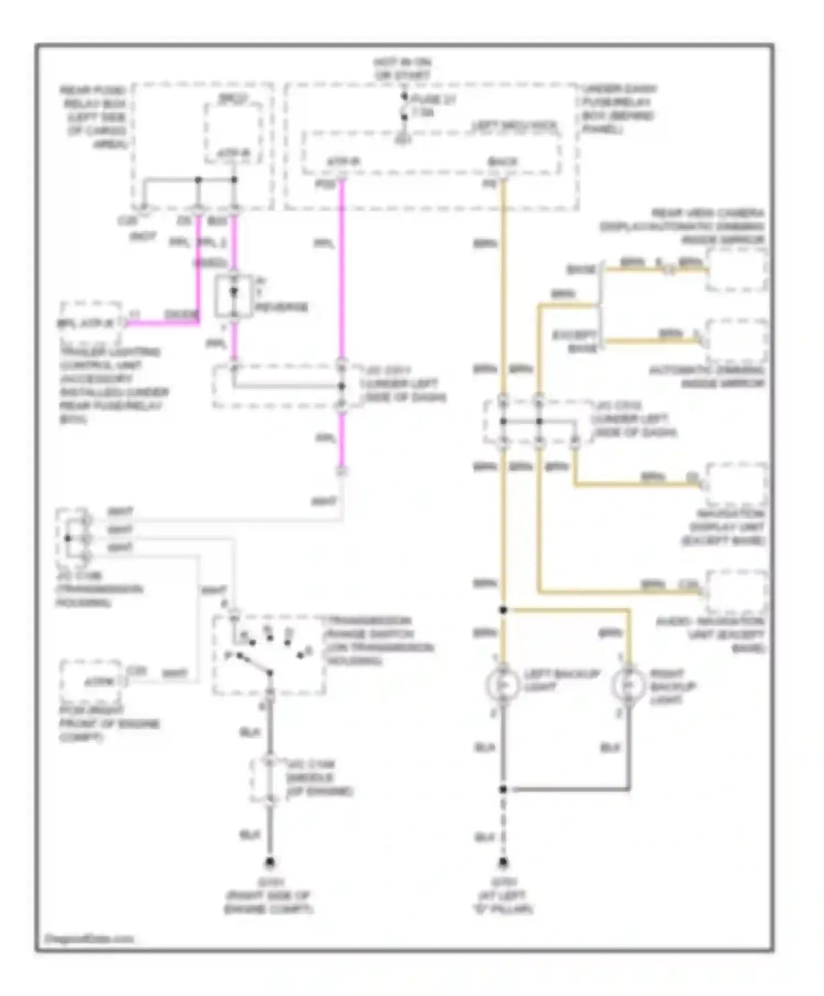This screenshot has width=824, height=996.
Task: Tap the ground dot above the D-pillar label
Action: pyautogui.click(x=503, y=863)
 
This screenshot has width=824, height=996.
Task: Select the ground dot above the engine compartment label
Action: pyautogui.click(x=270, y=863)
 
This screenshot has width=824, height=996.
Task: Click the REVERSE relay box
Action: pyautogui.click(x=233, y=296)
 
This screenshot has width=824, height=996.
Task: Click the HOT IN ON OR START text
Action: pyautogui.click(x=403, y=69)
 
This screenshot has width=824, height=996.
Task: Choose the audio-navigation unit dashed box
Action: pyautogui.click(x=736, y=592)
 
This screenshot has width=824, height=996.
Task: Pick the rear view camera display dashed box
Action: pyautogui.click(x=736, y=269)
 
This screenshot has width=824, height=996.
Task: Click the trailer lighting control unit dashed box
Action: pyautogui.click(x=91, y=317)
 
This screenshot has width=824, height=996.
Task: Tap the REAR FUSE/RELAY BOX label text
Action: pyautogui.click(x=94, y=116)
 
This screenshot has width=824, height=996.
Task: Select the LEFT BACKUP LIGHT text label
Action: pyautogui.click(x=560, y=680)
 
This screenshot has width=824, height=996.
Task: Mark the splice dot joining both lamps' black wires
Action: pyautogui.click(x=503, y=789)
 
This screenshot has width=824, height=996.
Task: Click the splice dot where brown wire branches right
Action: pyautogui.click(x=503, y=610)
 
